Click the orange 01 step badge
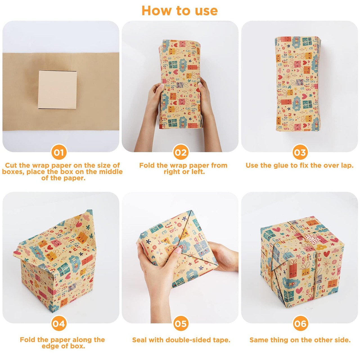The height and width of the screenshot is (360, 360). click(x=59, y=152)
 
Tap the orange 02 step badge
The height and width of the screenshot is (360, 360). click(x=181, y=152)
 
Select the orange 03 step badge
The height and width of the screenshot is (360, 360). click(x=300, y=152)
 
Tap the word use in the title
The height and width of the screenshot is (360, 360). click(x=206, y=11)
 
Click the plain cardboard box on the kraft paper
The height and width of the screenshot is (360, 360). click(x=57, y=89)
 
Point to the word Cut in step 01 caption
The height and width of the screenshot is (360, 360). click(x=11, y=165)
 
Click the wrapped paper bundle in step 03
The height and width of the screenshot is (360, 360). click(x=298, y=84)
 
